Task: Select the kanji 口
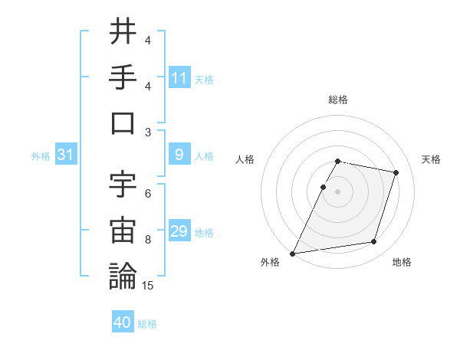(x=123, y=123)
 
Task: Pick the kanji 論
(x=123, y=276)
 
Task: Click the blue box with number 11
(x=179, y=77)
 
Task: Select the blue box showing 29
(x=179, y=231)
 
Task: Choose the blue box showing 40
(x=123, y=322)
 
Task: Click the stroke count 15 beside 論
(x=148, y=286)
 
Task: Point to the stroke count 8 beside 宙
(x=148, y=240)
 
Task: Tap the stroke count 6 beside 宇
(x=148, y=194)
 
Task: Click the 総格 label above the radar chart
(x=338, y=100)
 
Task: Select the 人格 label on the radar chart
(x=246, y=159)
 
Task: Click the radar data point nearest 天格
(x=396, y=172)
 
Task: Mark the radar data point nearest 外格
(x=293, y=253)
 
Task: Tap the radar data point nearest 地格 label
(x=373, y=242)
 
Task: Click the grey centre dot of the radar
(x=338, y=191)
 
